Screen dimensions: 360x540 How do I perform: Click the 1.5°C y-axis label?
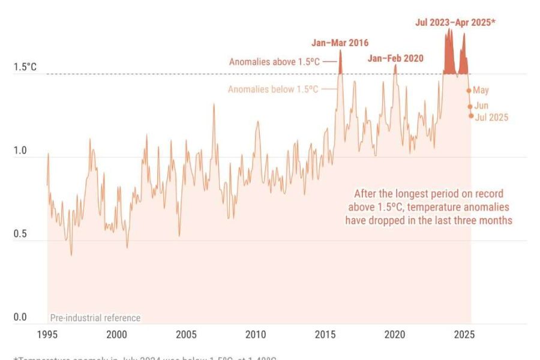[25, 67]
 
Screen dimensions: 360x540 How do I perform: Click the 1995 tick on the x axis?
[47, 334]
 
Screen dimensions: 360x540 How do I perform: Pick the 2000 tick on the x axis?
[117, 334]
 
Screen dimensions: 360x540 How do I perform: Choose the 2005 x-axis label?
[187, 334]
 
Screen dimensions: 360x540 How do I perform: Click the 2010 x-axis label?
[256, 334]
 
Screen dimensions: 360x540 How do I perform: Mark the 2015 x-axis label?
[325, 334]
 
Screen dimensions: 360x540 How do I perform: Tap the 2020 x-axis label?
[395, 334]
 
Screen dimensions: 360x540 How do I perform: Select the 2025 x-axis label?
[464, 334]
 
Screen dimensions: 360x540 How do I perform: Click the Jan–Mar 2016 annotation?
[340, 43]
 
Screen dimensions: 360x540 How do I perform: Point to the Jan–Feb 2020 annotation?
[395, 58]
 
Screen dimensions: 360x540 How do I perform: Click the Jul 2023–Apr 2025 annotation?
[456, 23]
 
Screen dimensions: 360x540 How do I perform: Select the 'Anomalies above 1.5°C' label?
[275, 62]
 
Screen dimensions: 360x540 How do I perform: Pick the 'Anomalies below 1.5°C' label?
[273, 89]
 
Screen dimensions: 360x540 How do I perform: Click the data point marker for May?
[469, 91]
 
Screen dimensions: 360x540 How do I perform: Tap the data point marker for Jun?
[470, 106]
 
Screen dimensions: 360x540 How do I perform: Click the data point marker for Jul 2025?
[471, 116]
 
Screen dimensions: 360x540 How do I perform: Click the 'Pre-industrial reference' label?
[95, 318]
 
